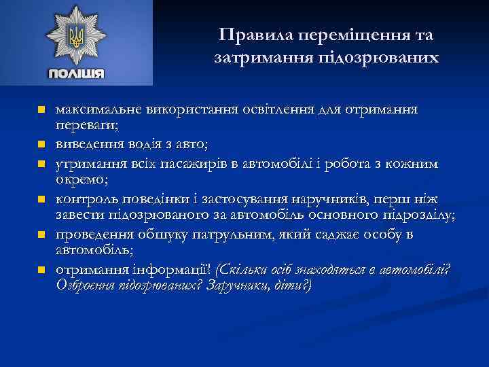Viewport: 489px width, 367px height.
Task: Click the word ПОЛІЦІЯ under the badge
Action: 76,73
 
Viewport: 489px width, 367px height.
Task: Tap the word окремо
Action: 79,179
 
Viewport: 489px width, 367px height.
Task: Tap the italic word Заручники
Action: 227,286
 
